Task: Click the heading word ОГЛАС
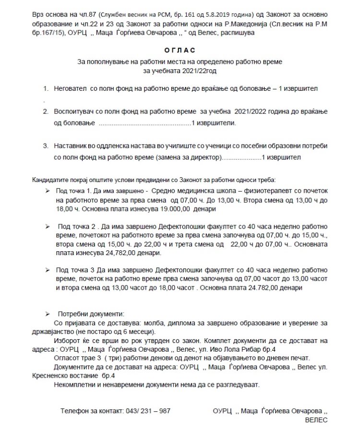coord(180,49)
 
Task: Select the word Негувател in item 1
coord(71,89)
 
